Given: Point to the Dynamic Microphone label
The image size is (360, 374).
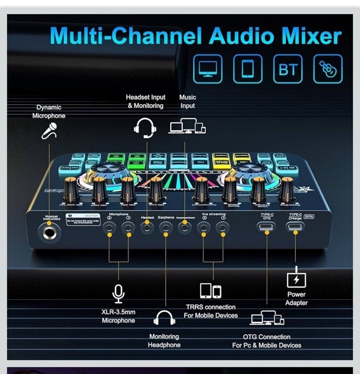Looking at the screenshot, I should [49, 112].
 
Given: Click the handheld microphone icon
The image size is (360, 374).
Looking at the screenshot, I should [50, 131].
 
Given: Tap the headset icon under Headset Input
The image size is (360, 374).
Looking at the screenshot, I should [145, 128].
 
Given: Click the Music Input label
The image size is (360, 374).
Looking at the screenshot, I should [188, 102].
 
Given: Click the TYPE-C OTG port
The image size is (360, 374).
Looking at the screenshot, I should [266, 226].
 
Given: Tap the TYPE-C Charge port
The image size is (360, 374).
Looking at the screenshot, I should [294, 226].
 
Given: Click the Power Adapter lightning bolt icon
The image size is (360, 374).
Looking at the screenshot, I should [296, 280].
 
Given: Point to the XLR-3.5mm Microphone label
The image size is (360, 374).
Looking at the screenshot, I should [118, 316].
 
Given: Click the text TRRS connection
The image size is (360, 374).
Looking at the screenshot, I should [210, 307].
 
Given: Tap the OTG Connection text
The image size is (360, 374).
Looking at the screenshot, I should [266, 337].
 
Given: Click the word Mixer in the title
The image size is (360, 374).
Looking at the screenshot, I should [308, 37].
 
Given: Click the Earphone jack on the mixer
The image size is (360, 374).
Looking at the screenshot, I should [166, 226].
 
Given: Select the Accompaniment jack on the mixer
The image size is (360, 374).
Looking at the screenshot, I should [185, 226].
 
